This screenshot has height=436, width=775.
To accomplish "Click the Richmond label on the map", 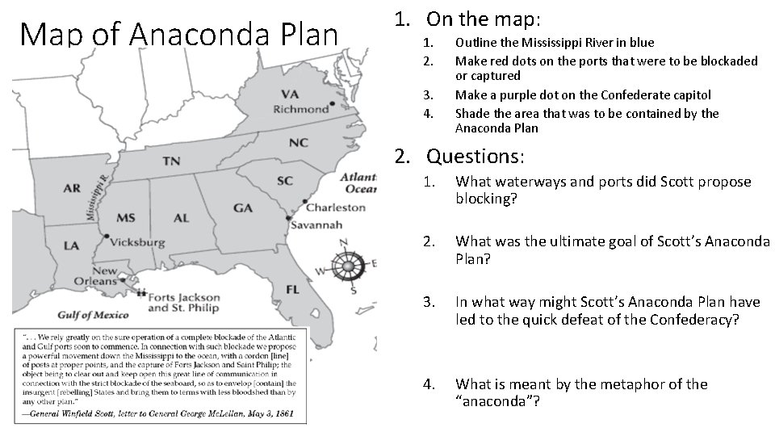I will click(x=300, y=109).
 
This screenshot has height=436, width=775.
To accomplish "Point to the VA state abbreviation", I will click(x=290, y=94).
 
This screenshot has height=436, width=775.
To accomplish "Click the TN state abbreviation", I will click(x=171, y=161).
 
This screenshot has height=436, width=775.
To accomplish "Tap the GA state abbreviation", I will click(x=243, y=208).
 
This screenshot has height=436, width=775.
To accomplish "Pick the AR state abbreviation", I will click(x=71, y=188).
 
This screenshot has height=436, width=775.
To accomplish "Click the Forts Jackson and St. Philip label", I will click(x=185, y=303).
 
